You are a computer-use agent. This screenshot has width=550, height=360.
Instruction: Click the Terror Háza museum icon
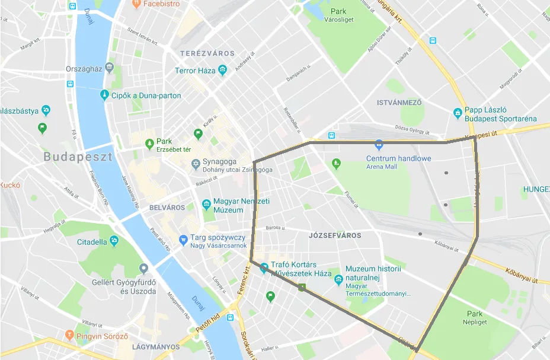click(222, 71)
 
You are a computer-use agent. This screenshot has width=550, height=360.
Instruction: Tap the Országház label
click(85, 69)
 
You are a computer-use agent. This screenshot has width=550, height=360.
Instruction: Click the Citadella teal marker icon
click(114, 241)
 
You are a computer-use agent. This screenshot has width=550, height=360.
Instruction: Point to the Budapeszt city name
click(78, 158)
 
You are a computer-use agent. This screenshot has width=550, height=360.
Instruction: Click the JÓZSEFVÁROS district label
click(335, 235)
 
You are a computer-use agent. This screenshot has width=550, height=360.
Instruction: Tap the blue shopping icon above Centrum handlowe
click(379, 144)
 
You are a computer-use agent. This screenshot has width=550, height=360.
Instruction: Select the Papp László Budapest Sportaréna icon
click(458, 113)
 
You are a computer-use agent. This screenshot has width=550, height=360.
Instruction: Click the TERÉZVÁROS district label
click(207, 53)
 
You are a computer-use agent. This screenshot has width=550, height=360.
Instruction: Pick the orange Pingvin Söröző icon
click(69, 336)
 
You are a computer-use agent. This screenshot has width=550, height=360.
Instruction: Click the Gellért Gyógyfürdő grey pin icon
click(143, 269)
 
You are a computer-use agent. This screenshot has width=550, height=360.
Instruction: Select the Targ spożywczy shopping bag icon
click(183, 241)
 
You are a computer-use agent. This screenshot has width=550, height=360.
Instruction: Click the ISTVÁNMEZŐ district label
click(399, 103)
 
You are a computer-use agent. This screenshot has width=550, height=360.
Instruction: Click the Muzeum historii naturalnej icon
click(338, 279)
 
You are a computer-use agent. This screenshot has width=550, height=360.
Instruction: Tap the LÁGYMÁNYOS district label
click(156, 346)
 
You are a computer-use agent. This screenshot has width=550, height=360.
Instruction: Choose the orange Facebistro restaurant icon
click(136, 3)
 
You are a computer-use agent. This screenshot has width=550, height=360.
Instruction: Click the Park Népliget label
click(474, 317)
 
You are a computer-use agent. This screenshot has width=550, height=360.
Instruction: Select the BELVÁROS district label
click(167, 208)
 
